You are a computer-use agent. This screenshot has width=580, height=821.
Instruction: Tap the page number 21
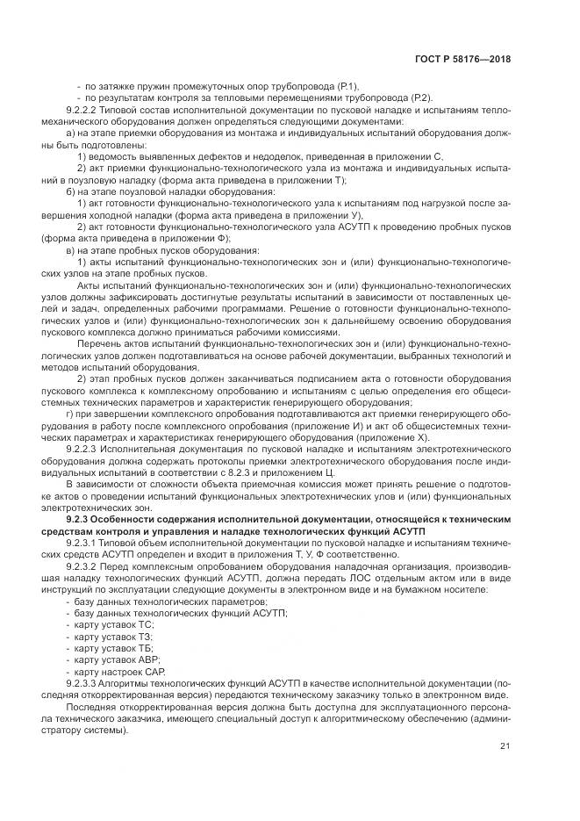point(505,746)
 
